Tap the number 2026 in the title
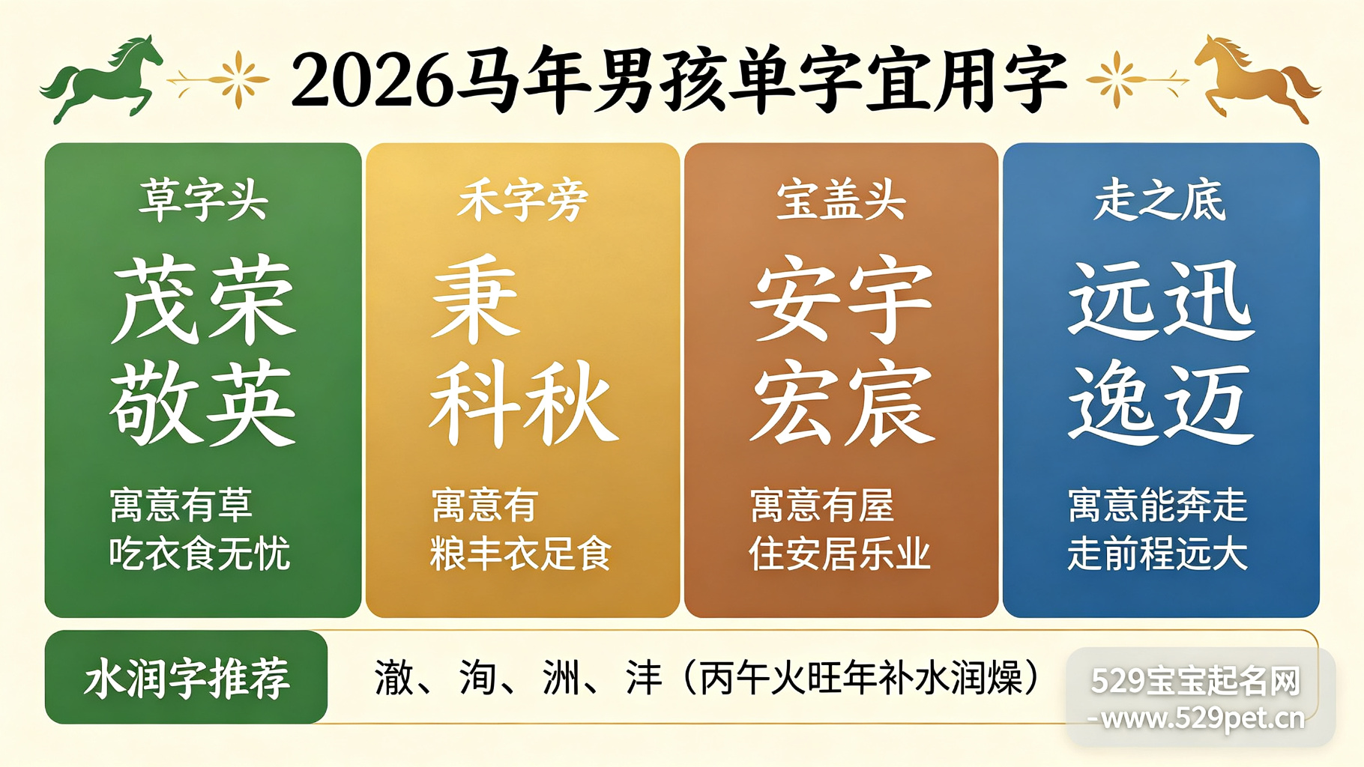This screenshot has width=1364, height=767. pos(372,80)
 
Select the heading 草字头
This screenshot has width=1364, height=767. pos(203,199)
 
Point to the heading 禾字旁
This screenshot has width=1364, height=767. pos(522,200)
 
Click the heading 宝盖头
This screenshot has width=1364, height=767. pos(841,200)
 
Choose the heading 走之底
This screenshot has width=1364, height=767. pos(1160,200)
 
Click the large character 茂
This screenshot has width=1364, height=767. pos(155,300)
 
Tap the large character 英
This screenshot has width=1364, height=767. pos(249,403)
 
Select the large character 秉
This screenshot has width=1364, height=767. pos(475,300)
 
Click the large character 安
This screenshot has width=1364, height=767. pos(794,300)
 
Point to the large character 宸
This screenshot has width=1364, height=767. pos(890,403)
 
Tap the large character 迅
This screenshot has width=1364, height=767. pos(1208,300)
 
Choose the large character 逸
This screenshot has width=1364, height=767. pos(1113,403)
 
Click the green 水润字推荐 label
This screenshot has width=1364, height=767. pos(187,678)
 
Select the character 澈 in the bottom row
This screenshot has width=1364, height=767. pos(394,678)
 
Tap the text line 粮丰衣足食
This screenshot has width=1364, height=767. pos(521,554)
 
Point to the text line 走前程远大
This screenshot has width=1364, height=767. pos(1158,554)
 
